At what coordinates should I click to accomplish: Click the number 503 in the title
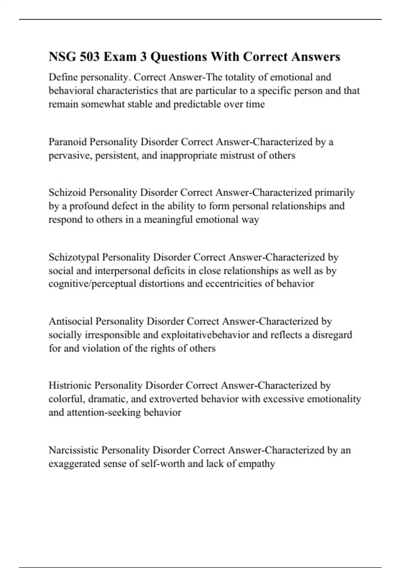tap(90, 57)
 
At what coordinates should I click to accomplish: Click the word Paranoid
tap(68, 142)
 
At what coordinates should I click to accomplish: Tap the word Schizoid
tap(68, 192)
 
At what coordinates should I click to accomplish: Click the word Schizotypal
tap(74, 257)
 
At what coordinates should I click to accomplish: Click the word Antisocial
tap(71, 321)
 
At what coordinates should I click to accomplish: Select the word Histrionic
tap(70, 385)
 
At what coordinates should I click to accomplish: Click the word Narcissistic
tap(74, 450)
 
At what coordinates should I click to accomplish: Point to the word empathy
tap(257, 464)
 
